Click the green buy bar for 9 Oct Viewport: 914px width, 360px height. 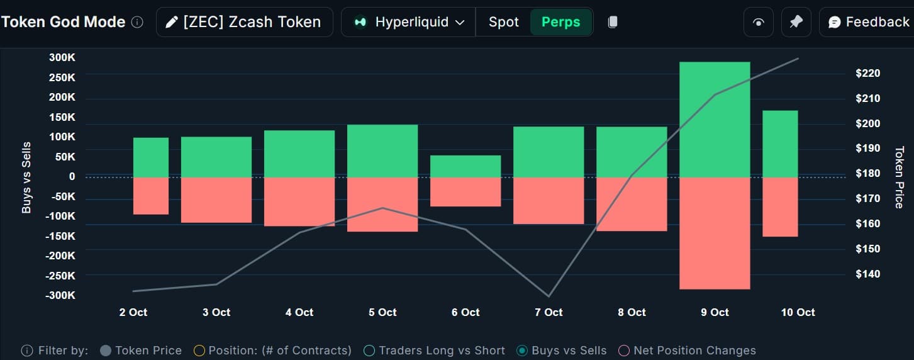click(715, 119)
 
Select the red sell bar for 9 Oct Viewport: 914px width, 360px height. click(715, 233)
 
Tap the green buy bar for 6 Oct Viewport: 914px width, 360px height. click(465, 166)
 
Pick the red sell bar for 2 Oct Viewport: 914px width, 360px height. click(151, 196)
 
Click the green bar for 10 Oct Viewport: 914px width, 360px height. click(780, 143)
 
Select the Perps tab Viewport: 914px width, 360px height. click(561, 22)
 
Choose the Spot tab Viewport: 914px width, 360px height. click(504, 22)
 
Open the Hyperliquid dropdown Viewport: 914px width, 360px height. click(409, 22)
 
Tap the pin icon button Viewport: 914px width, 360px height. click(796, 22)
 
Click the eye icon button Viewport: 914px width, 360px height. click(759, 22)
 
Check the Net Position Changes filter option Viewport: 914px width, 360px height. click(624, 351)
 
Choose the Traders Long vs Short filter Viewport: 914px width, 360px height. click(369, 351)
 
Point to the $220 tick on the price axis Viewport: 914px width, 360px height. click(867, 73)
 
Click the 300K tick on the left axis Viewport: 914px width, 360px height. click(62, 58)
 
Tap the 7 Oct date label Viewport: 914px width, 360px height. click(549, 312)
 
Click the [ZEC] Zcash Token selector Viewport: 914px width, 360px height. click(244, 22)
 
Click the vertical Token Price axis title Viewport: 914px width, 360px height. click(899, 177)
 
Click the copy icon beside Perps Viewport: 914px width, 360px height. click(613, 22)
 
